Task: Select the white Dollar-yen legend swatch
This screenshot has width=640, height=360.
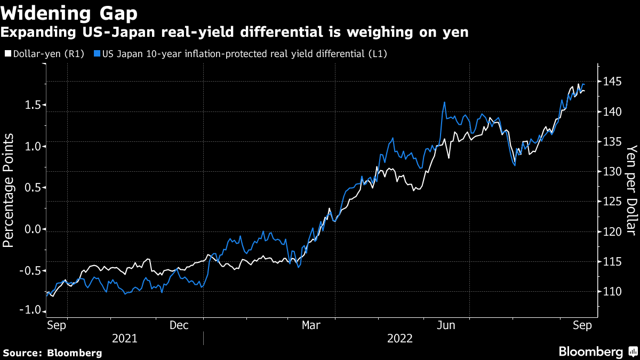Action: click(x=7, y=54)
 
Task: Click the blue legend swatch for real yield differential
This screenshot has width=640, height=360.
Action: click(x=96, y=54)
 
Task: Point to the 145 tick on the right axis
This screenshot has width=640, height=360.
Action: click(x=609, y=82)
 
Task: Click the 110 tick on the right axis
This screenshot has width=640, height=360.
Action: click(x=609, y=292)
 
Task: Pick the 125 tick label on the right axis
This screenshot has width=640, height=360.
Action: click(x=609, y=202)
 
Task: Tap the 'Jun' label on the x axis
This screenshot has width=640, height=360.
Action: click(x=445, y=325)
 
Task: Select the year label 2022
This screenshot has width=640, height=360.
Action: click(x=399, y=339)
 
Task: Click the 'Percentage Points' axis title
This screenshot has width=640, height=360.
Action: click(x=9, y=191)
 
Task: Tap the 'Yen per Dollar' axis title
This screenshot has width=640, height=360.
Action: click(x=631, y=190)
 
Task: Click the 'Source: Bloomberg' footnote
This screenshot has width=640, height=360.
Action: click(x=53, y=353)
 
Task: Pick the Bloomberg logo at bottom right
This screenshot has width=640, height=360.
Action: click(x=596, y=351)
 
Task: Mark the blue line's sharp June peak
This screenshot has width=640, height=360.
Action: click(x=444, y=102)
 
